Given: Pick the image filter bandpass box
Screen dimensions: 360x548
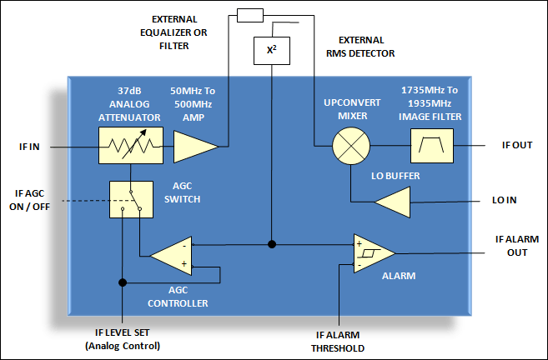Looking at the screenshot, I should [432, 147].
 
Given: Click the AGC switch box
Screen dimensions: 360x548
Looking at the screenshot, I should [131, 200].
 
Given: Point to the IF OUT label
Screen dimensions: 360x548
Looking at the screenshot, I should [517, 145].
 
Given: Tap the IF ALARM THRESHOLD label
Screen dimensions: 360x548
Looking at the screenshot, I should [339, 340].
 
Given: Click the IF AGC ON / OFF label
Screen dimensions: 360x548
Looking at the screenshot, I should [34, 201].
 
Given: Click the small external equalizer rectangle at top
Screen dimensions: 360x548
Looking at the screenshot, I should [249, 15].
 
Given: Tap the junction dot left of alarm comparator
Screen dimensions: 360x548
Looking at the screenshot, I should [273, 245].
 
